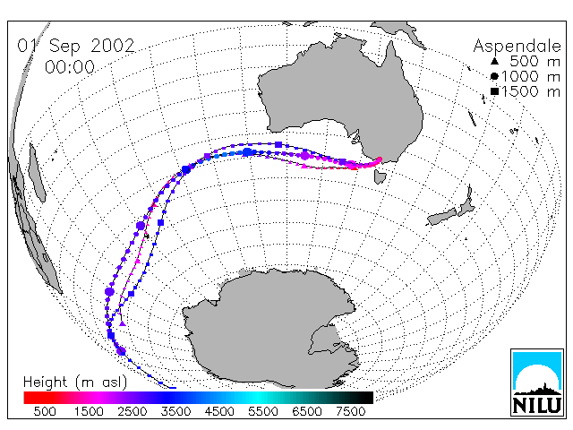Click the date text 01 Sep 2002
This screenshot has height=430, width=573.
(76, 46)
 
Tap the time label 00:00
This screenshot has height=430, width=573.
(70, 67)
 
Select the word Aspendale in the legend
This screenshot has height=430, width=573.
(517, 46)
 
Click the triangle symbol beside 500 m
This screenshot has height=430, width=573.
(494, 61)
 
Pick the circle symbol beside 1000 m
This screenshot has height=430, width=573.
(494, 76)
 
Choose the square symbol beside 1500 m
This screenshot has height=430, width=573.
(494, 91)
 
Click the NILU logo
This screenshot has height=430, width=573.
(537, 383)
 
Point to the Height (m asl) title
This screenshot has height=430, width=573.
(75, 383)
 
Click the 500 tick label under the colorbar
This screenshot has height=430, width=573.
(45, 412)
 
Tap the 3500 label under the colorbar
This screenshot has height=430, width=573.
(175, 412)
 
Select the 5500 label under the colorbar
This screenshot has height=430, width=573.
(263, 412)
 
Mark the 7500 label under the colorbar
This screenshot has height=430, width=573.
(350, 412)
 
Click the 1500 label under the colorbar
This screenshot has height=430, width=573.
(89, 412)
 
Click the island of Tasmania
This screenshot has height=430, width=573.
(380, 176)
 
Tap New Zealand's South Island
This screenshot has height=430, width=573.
(441, 217)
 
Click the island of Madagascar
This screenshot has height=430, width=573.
(37, 173)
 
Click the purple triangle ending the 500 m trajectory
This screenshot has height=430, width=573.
(123, 323)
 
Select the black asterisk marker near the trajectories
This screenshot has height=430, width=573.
(147, 236)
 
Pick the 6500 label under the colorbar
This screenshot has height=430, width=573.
(307, 412)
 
